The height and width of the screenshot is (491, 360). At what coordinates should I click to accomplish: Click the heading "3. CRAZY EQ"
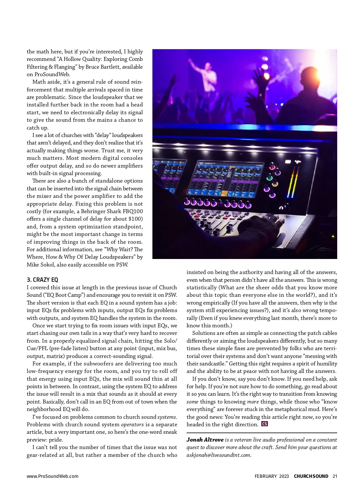coord(42,280)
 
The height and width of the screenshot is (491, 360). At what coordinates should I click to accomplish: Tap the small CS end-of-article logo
coord(265,424)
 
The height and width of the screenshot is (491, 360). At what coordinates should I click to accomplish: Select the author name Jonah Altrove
coord(205,440)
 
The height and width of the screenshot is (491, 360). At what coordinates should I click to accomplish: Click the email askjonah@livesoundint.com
coord(218,455)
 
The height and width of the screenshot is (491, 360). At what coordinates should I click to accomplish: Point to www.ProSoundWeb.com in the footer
coord(52,476)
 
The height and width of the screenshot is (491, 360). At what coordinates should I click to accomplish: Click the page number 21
coord(335,476)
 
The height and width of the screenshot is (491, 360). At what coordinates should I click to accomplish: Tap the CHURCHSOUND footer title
coord(311,476)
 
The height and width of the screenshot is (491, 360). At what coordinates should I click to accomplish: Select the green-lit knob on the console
coord(269,178)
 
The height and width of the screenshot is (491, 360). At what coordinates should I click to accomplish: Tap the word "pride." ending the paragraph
coord(56,440)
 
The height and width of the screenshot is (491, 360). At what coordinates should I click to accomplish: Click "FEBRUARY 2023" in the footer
coord(272,476)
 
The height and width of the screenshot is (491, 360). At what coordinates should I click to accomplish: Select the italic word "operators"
coord(132,424)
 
